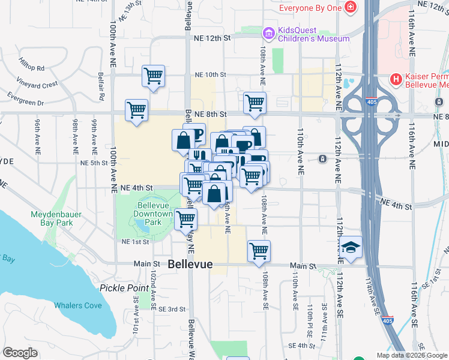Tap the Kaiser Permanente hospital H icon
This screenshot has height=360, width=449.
pos(396,79)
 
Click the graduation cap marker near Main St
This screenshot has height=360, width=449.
pos(351,247)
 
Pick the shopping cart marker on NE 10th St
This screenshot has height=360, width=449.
pos(154,76)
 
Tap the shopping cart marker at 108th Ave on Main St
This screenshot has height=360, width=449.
pos(259,250)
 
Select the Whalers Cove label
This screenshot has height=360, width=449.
pos(78,305)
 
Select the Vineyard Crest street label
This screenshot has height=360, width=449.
pos(37,84)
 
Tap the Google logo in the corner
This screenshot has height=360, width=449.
pos(20,352)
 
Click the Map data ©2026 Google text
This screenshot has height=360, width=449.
pos(412,355)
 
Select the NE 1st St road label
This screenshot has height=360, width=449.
pos(135,242)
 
